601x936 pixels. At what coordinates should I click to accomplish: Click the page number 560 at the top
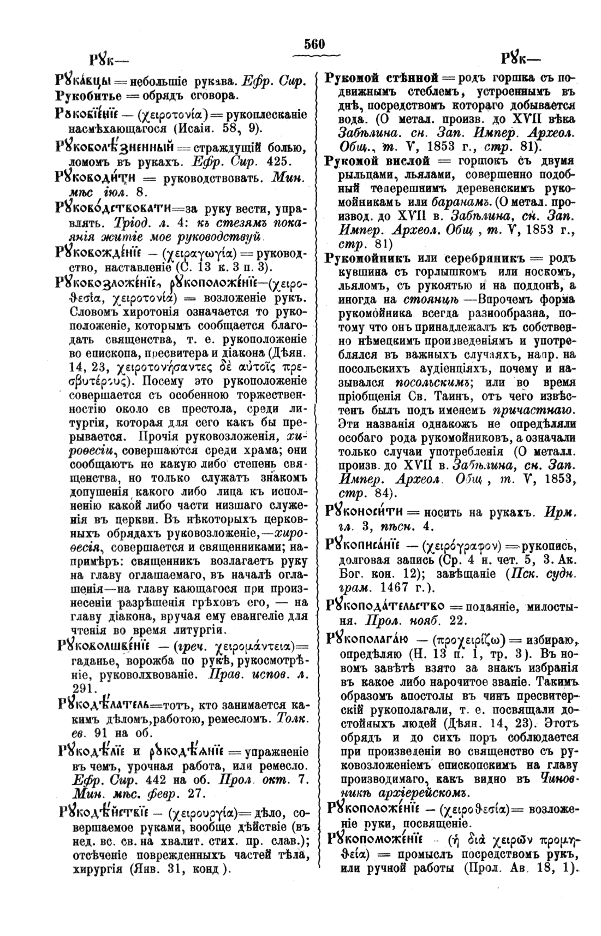pos(315,44)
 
